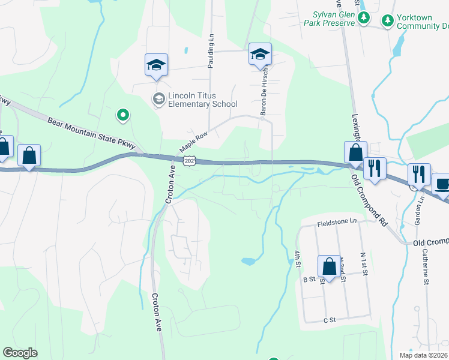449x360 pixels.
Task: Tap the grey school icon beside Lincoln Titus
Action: [159, 99]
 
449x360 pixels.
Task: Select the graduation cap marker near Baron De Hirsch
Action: [260, 55]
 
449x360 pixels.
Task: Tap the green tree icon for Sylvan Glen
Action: [363, 19]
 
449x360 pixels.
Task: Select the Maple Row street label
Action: [193, 142]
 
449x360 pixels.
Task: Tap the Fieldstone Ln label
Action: [337, 221]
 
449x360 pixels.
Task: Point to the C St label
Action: [328, 321]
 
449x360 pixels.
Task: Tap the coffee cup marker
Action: [442, 184]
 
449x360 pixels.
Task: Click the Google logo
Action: [20, 353]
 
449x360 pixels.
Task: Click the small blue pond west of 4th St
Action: [249, 261]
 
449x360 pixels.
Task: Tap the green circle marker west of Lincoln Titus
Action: [123, 114]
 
